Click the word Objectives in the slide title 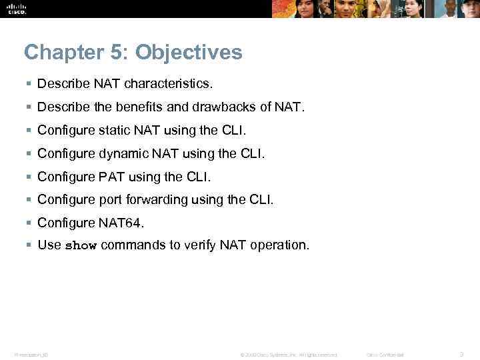coord(191,52)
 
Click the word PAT coord(105,177)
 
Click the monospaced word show coord(81,246)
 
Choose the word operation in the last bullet coord(279,245)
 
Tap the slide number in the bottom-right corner coord(461,353)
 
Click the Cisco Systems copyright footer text coord(289,354)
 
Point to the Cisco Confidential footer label coord(386,354)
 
